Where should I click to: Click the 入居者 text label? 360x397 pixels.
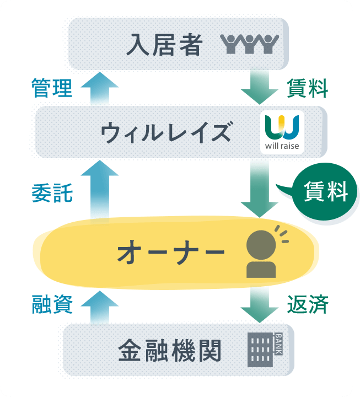click(x=165, y=45)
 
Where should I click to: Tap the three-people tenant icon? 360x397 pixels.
click(x=249, y=44)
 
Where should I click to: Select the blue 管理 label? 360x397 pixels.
click(x=52, y=88)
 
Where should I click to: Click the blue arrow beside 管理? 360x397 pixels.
click(x=99, y=88)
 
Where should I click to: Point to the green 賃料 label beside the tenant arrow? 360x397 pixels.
click(x=308, y=88)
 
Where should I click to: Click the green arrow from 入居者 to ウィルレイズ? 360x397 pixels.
click(x=260, y=87)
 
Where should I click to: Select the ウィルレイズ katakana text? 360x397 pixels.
click(x=166, y=132)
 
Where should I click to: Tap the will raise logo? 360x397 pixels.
click(x=282, y=132)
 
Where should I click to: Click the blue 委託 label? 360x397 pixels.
click(x=52, y=192)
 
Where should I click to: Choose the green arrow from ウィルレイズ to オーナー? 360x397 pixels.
click(x=260, y=189)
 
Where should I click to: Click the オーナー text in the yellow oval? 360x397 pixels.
click(x=171, y=252)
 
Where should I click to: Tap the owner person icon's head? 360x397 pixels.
click(x=261, y=245)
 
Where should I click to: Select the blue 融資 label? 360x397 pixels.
click(x=52, y=304)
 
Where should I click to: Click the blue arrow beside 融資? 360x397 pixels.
click(x=99, y=307)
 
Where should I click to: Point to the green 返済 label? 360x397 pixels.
click(x=308, y=304)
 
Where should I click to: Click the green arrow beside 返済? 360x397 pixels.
click(x=260, y=305)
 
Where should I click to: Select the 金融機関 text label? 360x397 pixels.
click(x=170, y=351)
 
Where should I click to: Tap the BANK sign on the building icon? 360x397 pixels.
click(x=278, y=344)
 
